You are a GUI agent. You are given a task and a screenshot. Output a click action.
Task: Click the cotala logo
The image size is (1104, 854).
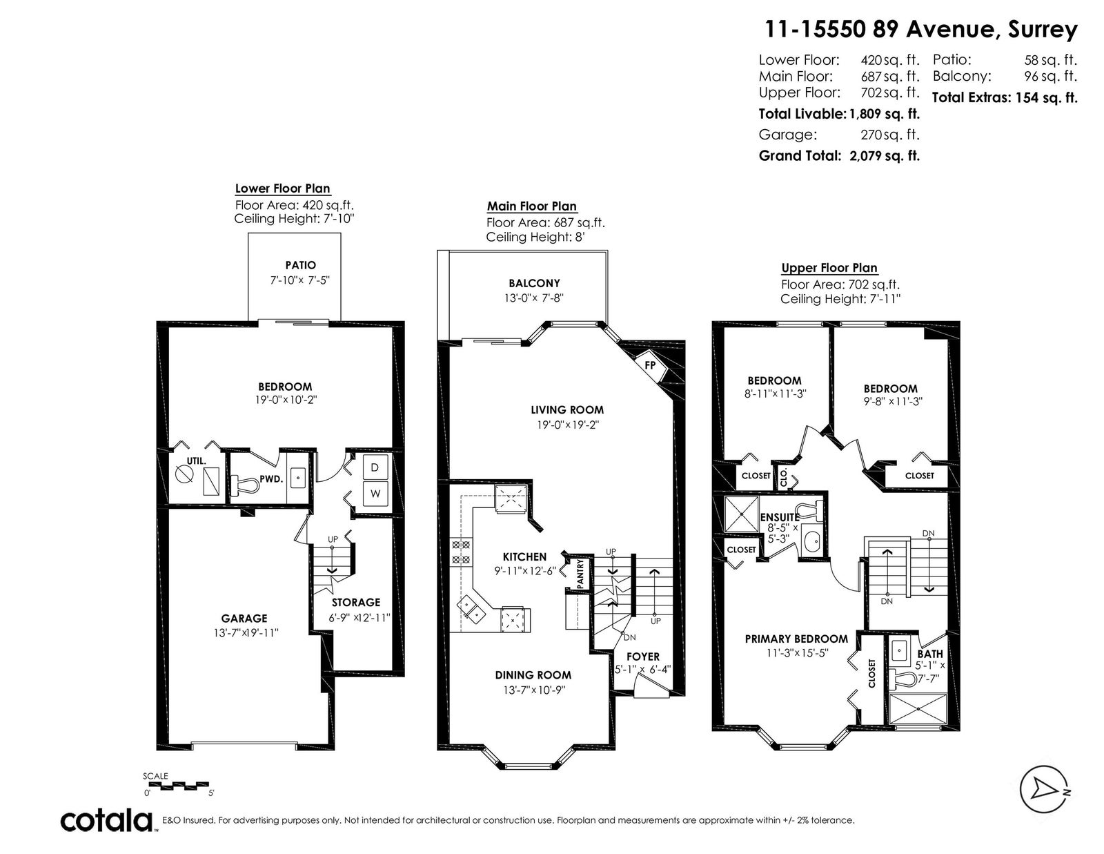pos(107,820)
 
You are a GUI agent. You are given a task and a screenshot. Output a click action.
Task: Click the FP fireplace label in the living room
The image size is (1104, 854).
pos(650,365)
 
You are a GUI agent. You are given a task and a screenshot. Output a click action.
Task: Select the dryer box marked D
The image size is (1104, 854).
pos(375,467)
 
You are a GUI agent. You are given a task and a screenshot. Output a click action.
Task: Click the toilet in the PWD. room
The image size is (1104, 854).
pos(245,485)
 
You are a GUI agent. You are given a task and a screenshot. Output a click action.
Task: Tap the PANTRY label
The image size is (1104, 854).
pos(581,574)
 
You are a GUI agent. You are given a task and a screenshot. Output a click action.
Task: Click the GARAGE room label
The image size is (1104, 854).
pos(244,618)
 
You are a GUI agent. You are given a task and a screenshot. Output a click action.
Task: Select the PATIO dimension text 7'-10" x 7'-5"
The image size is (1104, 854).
pos(300,280)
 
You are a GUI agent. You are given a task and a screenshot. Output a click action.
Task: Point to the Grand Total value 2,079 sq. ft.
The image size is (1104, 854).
pos(885,155)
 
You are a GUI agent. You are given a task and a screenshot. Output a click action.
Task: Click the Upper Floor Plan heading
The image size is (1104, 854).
pos(829,268)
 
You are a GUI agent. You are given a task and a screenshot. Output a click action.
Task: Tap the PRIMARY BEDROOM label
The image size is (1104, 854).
pos(796,639)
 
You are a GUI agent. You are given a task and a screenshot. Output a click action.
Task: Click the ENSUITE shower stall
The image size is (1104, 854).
pos(741,514)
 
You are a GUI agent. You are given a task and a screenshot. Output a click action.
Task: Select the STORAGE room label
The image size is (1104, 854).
pos(355,603)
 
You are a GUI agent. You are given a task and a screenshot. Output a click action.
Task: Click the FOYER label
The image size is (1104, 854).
pos(642,657)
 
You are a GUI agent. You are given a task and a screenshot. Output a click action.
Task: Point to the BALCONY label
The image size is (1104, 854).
pos(534,283)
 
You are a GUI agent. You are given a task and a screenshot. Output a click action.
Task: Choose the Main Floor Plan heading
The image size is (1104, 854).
pos(531,206)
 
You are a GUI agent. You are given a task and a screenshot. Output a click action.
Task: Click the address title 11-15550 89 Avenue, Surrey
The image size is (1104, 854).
pos(921,30)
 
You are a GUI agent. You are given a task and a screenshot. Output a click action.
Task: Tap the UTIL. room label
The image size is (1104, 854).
pos(197,461)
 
